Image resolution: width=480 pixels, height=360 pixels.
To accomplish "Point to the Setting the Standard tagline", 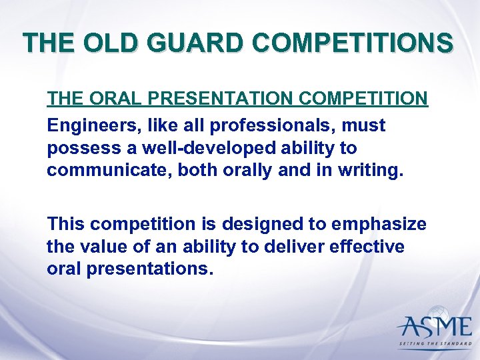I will [434, 344].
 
